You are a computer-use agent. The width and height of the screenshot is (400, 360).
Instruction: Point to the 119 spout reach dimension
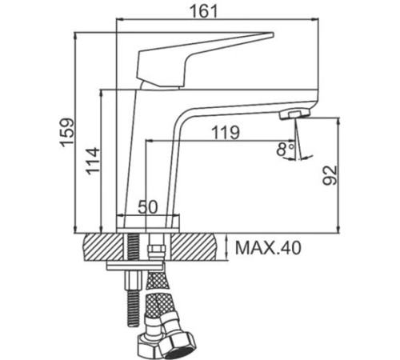pos(225,134)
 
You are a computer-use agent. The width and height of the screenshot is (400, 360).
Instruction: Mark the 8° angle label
pos(284,149)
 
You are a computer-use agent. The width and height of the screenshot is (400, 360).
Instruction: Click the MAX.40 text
pos(268,249)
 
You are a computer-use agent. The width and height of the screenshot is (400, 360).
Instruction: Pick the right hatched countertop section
pos(197,246)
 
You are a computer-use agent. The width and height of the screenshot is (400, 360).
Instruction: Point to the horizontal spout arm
pos(240,100)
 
